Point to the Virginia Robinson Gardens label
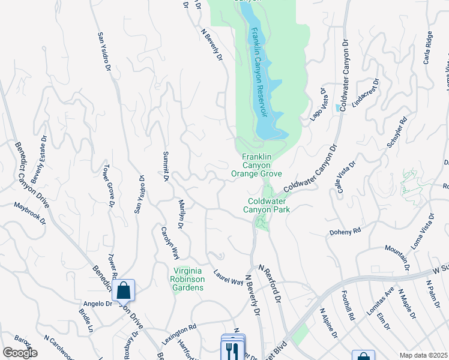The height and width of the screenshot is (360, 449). pos(189,279)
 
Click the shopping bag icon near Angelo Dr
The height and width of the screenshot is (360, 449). pos(123,291)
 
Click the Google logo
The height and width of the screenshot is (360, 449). pos(20,353)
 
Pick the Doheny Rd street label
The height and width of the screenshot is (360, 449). pos(345,231)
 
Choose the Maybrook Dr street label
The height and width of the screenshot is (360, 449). pos(30,213)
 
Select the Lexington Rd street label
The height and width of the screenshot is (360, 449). pos(179,335)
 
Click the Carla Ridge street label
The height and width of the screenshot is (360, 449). pos(428,48)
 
